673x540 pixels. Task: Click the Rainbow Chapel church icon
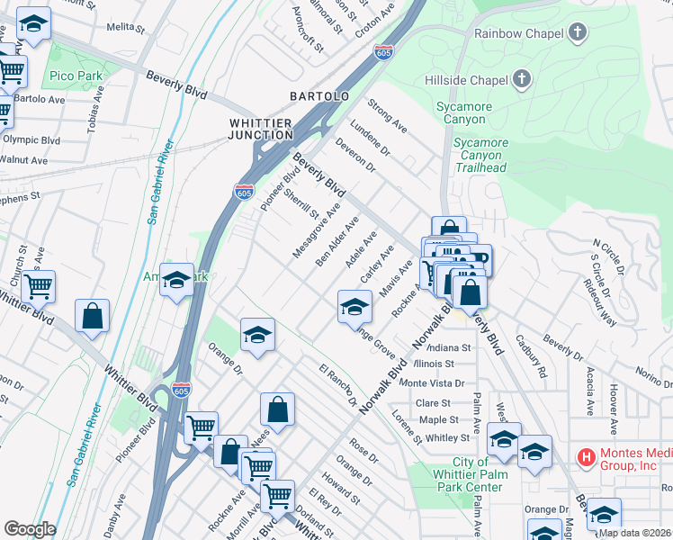point(577,34)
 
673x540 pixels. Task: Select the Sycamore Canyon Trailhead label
point(480,155)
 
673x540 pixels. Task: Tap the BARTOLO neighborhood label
point(319,95)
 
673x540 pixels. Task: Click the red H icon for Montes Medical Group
point(586,457)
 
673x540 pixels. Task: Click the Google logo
point(30,529)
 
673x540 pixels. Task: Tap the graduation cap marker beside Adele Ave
point(354,307)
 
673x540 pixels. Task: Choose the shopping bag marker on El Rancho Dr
point(278,409)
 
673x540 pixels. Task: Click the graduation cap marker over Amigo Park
point(176,280)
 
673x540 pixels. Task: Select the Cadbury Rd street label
point(530,355)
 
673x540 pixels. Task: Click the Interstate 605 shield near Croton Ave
point(384,51)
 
